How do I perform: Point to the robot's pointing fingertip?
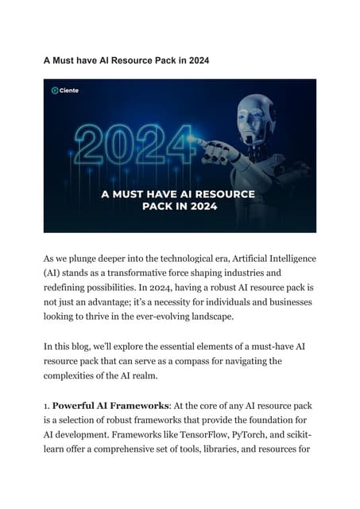pos(200,143)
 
